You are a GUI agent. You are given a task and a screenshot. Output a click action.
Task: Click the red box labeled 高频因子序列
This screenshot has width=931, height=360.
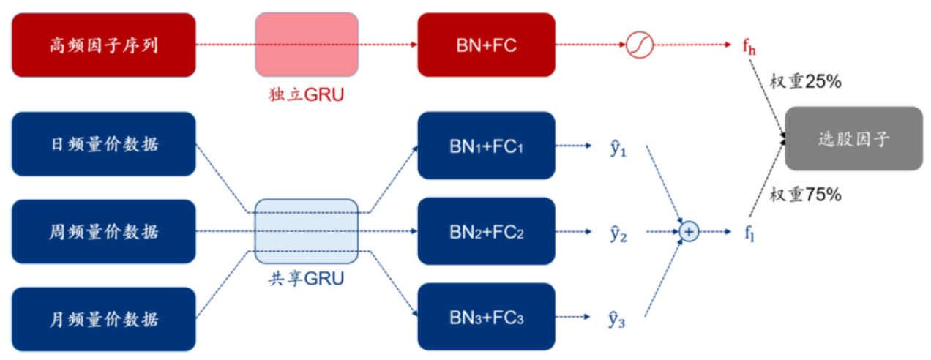(104, 45)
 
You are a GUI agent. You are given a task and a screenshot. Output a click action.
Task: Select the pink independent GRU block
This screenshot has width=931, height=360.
(307, 45)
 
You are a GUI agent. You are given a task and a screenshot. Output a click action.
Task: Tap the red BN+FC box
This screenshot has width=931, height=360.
(486, 45)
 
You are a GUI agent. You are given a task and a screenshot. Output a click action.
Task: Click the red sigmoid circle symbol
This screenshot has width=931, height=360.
(639, 45)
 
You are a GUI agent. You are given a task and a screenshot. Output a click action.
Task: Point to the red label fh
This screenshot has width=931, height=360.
(749, 47)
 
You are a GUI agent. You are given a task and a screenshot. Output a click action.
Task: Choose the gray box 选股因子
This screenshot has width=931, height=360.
(853, 138)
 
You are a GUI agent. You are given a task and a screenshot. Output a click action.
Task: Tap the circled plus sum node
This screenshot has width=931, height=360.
(689, 232)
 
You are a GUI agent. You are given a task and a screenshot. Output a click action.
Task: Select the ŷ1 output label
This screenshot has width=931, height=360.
(617, 149)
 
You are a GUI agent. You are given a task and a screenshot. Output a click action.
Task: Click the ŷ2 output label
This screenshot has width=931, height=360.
(617, 233)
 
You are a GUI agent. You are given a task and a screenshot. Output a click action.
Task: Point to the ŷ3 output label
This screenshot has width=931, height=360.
(617, 319)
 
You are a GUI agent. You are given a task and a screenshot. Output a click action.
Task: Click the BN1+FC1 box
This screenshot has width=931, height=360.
(486, 145)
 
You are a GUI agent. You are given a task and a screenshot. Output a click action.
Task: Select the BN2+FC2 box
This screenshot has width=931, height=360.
(486, 231)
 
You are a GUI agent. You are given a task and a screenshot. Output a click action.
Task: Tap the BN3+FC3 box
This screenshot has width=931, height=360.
(486, 317)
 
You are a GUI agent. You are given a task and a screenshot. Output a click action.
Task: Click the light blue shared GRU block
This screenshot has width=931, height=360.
(307, 230)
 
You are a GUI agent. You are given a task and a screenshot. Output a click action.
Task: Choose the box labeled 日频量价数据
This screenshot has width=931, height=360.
(104, 144)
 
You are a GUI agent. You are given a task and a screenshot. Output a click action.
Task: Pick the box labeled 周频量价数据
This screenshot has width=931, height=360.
(104, 231)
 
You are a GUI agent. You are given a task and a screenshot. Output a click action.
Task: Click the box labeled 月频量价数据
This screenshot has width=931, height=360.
(104, 319)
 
